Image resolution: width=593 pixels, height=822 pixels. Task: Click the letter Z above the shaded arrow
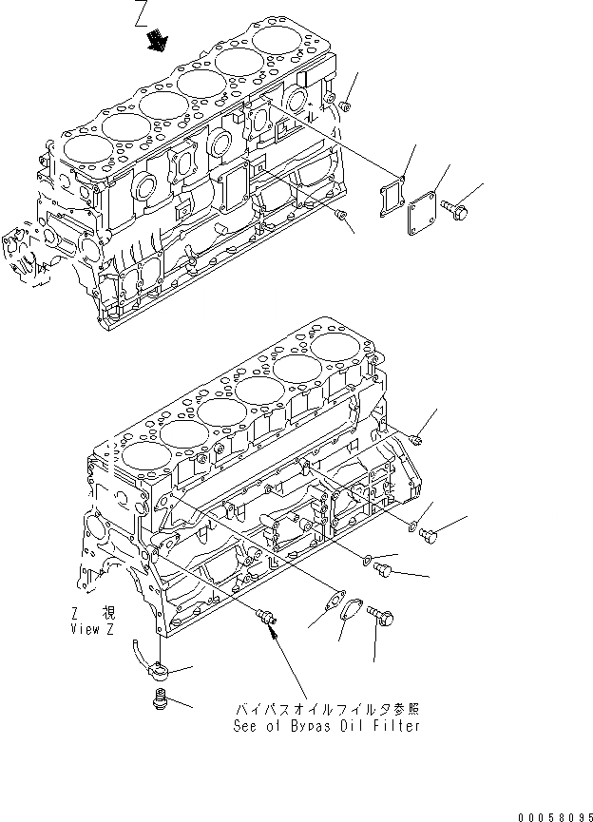tap(142, 13)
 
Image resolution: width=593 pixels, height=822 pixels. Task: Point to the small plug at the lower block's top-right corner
tap(418, 437)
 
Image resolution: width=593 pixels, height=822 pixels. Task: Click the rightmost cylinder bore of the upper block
tap(278, 43)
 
